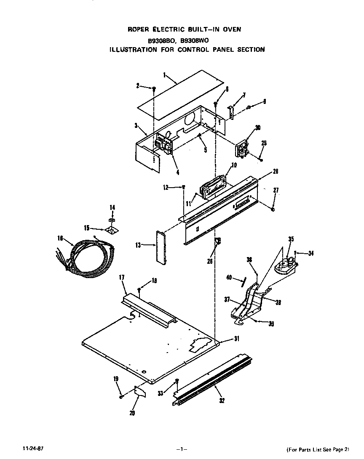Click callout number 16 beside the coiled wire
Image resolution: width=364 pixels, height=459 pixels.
click(x=60, y=238)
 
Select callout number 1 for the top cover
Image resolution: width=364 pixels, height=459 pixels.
click(x=164, y=75)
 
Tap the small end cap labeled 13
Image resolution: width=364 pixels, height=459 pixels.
click(x=161, y=248)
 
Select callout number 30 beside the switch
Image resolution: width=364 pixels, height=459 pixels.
click(x=258, y=128)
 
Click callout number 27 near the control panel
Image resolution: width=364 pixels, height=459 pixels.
click(x=276, y=191)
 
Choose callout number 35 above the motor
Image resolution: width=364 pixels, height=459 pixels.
click(x=291, y=239)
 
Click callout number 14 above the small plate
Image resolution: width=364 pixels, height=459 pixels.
click(x=112, y=207)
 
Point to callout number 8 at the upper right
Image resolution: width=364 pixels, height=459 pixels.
click(x=264, y=101)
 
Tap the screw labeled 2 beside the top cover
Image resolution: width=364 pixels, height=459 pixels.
click(x=154, y=89)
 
